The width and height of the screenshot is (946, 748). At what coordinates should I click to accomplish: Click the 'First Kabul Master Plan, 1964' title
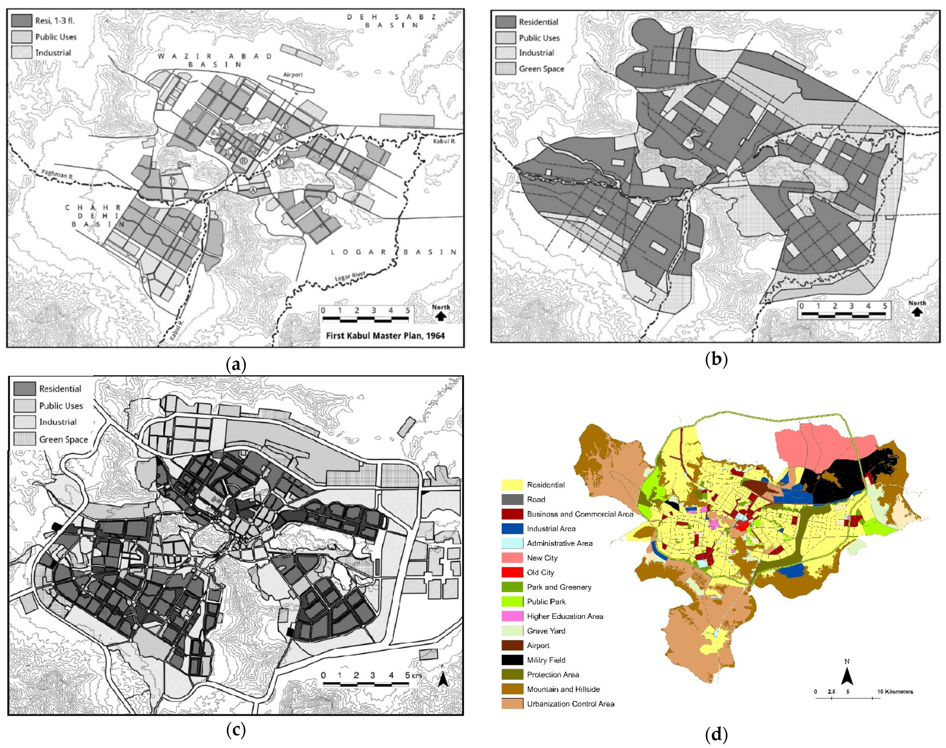tap(385, 336)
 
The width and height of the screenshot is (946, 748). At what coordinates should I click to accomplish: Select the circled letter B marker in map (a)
tap(243, 161)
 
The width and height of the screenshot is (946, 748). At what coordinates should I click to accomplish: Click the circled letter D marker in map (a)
tap(173, 181)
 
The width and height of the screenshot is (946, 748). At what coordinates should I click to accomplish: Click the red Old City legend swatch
tap(512, 573)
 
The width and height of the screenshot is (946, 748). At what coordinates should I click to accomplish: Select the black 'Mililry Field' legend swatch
tap(512, 660)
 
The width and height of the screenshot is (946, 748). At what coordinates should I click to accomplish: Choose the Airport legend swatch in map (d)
tap(512, 645)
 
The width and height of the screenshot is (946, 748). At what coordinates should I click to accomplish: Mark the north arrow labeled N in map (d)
tap(847, 676)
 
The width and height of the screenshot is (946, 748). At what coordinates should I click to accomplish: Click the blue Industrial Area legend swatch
tap(512, 528)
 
